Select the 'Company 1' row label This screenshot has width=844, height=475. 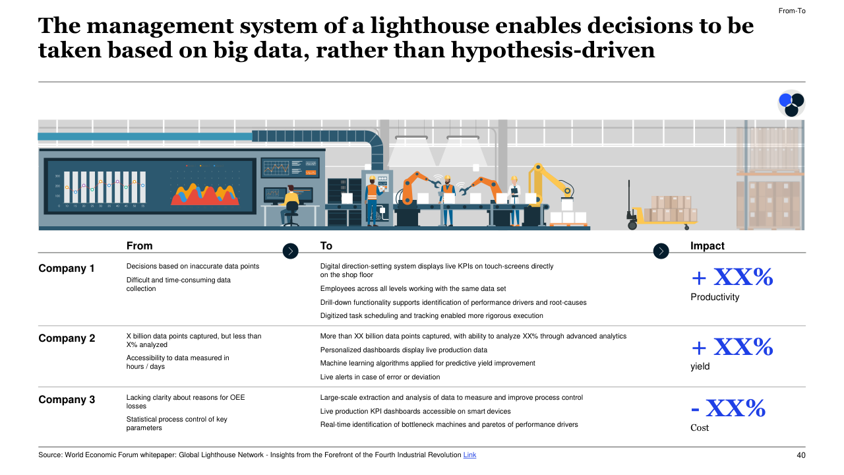click(67, 269)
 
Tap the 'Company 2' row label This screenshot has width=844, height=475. click(67, 338)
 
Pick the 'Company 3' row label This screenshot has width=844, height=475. click(67, 400)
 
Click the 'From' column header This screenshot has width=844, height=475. click(139, 246)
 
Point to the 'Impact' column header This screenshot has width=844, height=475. click(707, 246)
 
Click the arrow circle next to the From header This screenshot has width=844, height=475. click(290, 251)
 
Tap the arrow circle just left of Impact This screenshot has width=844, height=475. click(661, 251)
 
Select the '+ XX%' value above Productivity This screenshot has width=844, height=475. click(731, 277)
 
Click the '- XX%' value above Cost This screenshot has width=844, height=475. click(728, 409)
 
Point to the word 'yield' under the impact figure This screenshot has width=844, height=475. click(700, 366)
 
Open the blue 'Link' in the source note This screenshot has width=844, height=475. click(469, 455)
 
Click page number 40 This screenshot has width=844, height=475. click(800, 455)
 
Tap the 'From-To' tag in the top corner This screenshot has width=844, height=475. click(791, 11)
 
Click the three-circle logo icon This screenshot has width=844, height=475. click(791, 103)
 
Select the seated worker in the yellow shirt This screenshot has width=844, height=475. click(290, 203)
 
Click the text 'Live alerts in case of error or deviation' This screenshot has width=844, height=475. click(380, 377)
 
